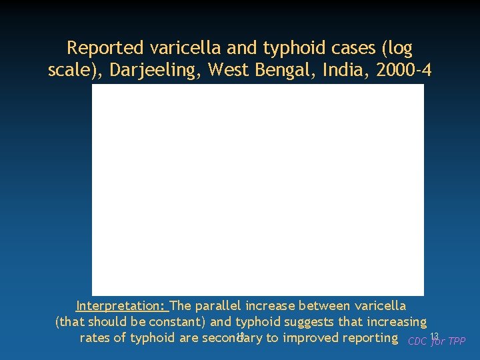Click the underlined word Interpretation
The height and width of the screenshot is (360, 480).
pyautogui.click(x=121, y=306)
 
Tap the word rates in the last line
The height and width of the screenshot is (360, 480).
pyautogui.click(x=95, y=337)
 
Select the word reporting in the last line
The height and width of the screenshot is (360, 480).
pyautogui.click(x=369, y=337)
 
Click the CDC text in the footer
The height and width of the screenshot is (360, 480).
pyautogui.click(x=417, y=341)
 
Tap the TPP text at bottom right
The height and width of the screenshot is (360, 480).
pyautogui.click(x=457, y=341)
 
